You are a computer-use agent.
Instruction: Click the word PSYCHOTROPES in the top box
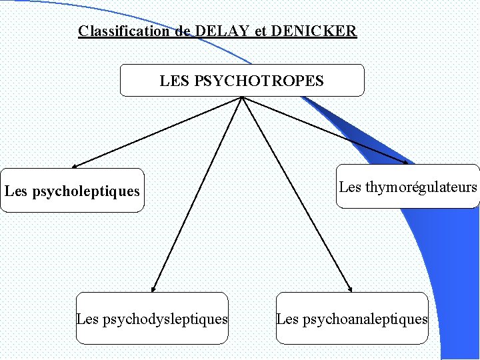click(259, 81)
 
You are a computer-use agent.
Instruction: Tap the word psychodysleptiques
click(165, 319)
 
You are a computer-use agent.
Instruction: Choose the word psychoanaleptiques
click(365, 319)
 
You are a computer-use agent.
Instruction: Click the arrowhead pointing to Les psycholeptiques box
click(75, 166)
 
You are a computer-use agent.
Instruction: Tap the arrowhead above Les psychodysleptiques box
click(153, 289)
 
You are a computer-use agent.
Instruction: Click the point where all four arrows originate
click(242, 97)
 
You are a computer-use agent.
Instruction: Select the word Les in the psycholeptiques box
click(16, 192)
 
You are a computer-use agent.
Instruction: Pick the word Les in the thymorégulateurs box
click(350, 187)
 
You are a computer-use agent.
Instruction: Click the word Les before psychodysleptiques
click(88, 319)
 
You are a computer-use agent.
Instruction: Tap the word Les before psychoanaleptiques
click(287, 319)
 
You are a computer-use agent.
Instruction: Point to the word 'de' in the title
click(183, 31)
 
